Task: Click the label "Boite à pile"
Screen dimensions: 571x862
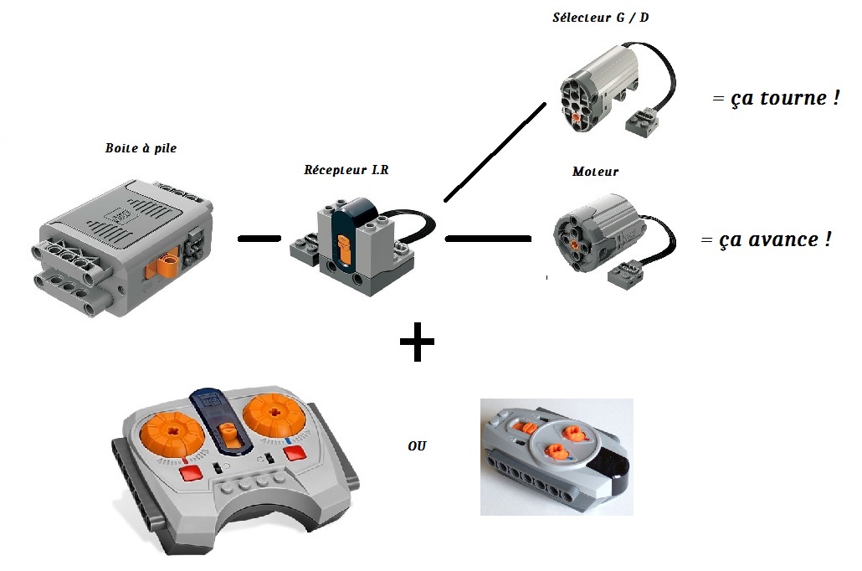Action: tap(141, 148)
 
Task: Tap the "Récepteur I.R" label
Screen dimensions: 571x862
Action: tap(346, 169)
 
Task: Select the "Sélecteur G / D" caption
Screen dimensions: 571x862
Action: tap(600, 18)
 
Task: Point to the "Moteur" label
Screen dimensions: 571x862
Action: tap(596, 172)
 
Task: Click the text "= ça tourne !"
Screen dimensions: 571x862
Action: tap(775, 98)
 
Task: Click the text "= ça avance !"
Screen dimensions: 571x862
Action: tap(767, 239)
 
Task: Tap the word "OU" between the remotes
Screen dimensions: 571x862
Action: tap(417, 446)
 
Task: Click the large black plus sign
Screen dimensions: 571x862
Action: tap(416, 343)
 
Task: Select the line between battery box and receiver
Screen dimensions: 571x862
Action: tap(259, 239)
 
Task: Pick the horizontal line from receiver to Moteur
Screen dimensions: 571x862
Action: tap(488, 239)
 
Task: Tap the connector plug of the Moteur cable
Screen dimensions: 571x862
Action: tap(626, 271)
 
